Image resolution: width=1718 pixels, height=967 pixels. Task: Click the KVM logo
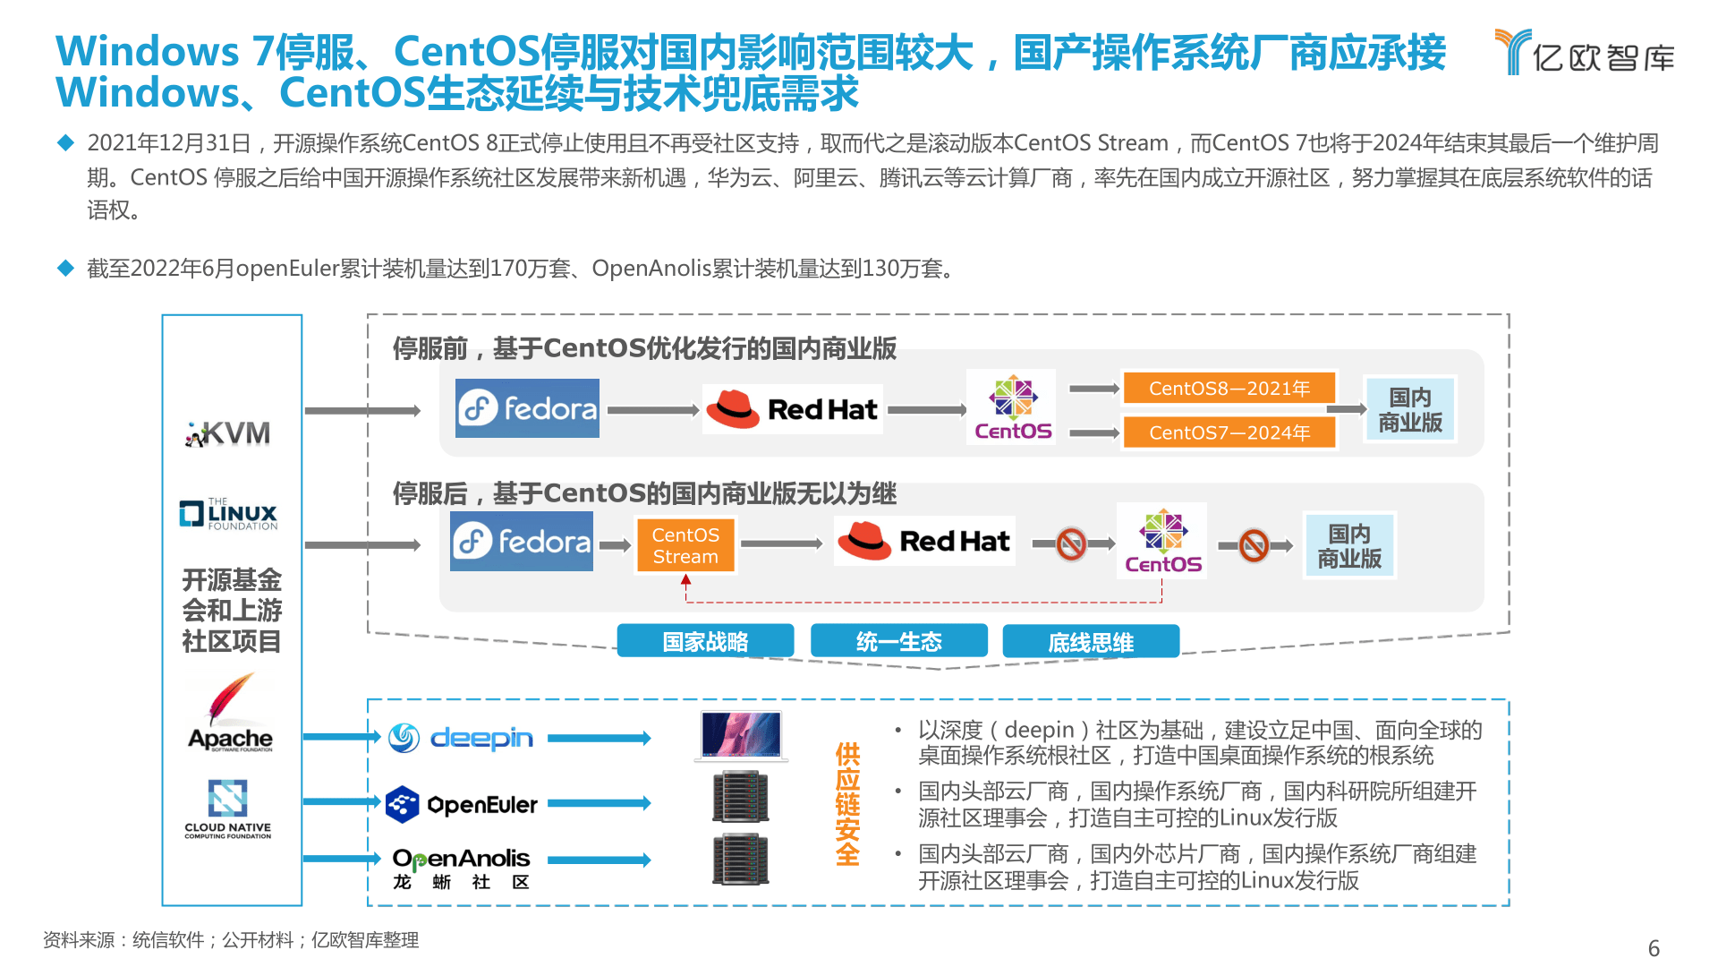(228, 433)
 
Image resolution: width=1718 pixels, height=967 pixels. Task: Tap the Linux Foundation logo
(229, 514)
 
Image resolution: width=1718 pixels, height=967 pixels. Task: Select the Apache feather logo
(230, 713)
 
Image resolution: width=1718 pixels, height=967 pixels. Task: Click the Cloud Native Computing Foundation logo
(228, 809)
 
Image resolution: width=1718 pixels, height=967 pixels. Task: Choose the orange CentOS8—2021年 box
(1229, 388)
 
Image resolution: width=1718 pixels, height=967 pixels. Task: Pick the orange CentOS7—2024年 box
(1229, 432)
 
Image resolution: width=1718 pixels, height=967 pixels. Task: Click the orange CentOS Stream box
(685, 545)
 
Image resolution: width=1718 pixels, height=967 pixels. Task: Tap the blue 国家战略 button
(705, 641)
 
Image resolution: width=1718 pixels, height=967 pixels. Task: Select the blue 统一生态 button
(898, 641)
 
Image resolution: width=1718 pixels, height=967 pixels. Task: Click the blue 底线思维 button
(1091, 641)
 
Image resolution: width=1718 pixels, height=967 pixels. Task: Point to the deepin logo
(461, 738)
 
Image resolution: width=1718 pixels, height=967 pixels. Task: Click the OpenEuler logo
(462, 804)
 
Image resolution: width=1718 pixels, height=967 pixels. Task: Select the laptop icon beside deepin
(741, 736)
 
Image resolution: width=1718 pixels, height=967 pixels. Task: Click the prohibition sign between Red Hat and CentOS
(1071, 543)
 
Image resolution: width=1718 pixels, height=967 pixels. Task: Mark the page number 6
(1654, 948)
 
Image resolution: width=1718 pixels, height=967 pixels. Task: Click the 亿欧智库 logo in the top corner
(1585, 52)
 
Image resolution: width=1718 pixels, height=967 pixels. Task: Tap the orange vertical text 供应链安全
(847, 803)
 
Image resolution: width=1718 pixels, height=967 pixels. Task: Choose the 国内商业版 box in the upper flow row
(1410, 409)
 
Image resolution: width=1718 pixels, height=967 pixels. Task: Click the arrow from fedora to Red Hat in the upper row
(653, 410)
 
